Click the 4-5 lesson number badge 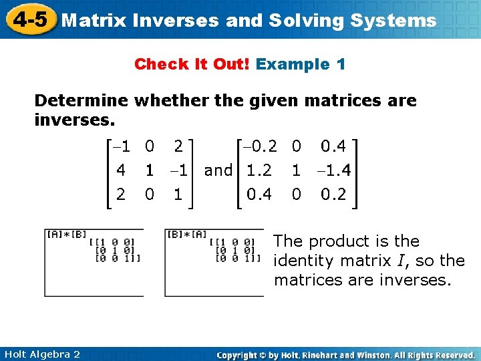(x=27, y=19)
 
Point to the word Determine (x=82, y=101)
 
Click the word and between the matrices (x=218, y=170)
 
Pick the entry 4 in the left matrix (x=122, y=170)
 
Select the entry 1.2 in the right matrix (x=259, y=170)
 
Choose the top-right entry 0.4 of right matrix (x=333, y=146)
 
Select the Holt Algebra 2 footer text (x=41, y=354)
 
